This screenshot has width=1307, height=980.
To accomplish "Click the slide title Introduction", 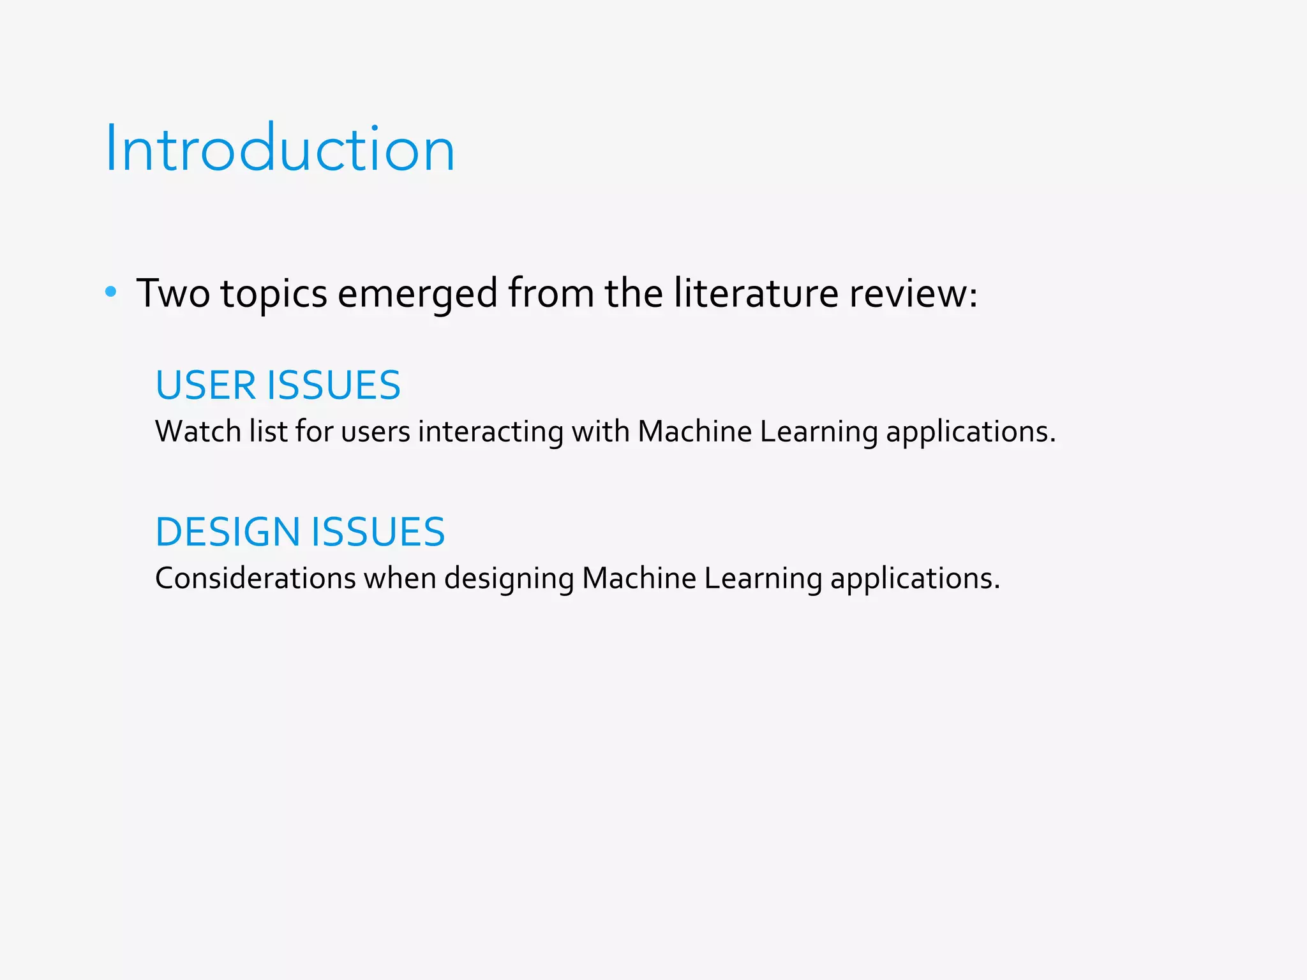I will click(x=280, y=149).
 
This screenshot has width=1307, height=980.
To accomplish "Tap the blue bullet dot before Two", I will click(x=111, y=292).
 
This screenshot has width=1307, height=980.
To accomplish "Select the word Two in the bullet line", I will click(x=173, y=293).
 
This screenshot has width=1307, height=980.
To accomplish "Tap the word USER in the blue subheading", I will click(x=205, y=385).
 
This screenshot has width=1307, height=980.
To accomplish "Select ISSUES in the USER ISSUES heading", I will click(x=334, y=385).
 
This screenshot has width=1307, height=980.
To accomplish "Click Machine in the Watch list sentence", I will click(x=695, y=432).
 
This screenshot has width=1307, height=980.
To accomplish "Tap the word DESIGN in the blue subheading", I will click(x=228, y=532).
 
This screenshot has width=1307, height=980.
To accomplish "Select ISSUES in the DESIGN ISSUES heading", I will click(x=378, y=532).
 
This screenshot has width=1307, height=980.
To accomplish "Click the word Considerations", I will click(x=255, y=579).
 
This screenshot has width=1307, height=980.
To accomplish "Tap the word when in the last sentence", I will click(x=400, y=579).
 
